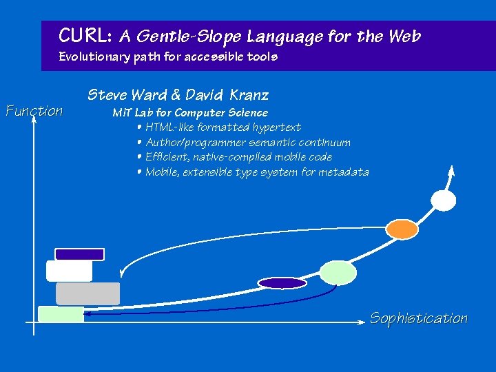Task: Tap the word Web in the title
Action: coord(404,35)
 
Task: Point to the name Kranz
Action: coord(249,95)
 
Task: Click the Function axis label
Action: coord(34,111)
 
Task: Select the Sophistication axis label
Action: coord(419,318)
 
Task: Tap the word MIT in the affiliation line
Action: coord(122,112)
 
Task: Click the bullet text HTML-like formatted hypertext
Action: coord(223,127)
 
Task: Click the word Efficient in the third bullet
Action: coord(166,157)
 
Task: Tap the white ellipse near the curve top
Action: coord(443,200)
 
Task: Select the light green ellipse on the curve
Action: coord(338,273)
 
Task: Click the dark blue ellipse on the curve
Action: coord(282,282)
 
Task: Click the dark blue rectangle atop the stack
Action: coord(79,254)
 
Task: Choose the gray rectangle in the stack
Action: coord(87,293)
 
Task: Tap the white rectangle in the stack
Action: coord(69,271)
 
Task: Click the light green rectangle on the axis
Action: coord(61,314)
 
